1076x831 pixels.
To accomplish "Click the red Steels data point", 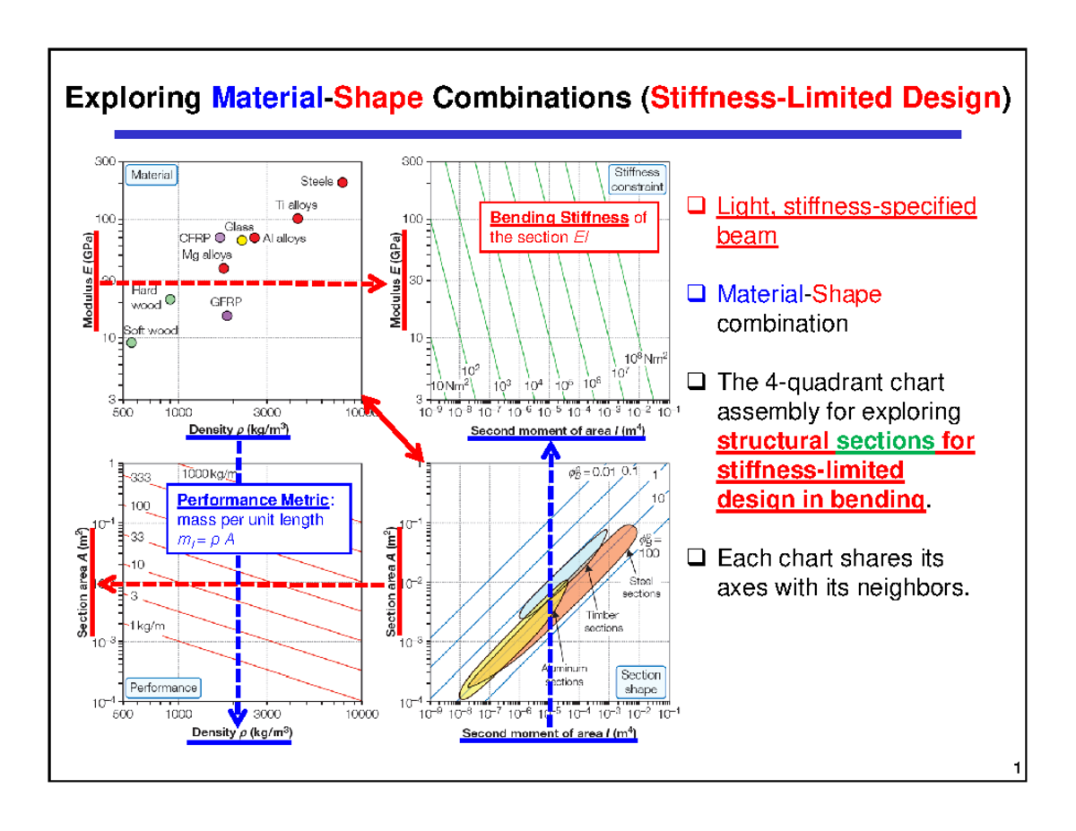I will click(342, 182).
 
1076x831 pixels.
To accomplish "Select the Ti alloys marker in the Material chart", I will click(298, 219).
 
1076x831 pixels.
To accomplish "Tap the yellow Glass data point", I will click(241, 240).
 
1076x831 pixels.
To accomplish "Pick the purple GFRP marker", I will click(227, 316).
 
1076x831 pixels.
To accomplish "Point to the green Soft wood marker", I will click(132, 342).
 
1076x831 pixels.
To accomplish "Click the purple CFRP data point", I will click(221, 238).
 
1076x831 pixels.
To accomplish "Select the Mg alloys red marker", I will click(224, 268).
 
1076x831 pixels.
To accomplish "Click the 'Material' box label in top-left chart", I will click(152, 176).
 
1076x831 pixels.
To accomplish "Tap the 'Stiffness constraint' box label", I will click(637, 179).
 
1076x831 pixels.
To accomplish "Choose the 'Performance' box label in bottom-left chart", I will click(163, 688).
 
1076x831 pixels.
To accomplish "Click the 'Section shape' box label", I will click(640, 682).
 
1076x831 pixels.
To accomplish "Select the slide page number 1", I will click(1016, 768).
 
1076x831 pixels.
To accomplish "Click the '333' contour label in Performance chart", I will click(142, 477).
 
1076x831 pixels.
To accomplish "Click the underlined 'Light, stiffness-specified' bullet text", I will click(846, 208).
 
